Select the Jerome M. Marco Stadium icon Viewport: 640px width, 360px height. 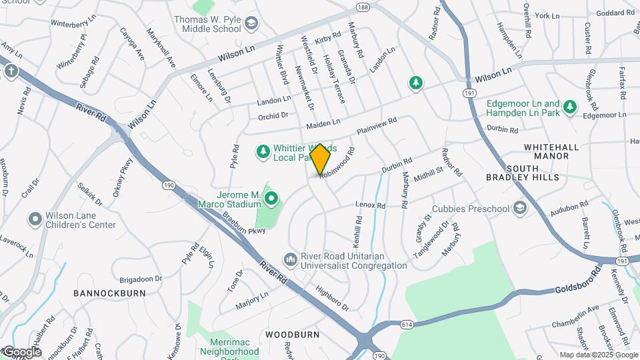(271, 198)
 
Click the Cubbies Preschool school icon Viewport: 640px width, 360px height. (519, 209)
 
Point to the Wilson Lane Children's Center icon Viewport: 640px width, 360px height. (35, 219)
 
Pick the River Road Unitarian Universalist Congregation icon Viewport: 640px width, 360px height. (290, 258)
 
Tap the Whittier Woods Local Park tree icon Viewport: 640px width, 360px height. (263, 153)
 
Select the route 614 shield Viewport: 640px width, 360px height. (407, 324)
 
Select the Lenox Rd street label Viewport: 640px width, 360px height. (371, 205)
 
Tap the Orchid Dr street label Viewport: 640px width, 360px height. (273, 115)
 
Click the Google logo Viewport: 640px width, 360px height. (21, 352)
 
